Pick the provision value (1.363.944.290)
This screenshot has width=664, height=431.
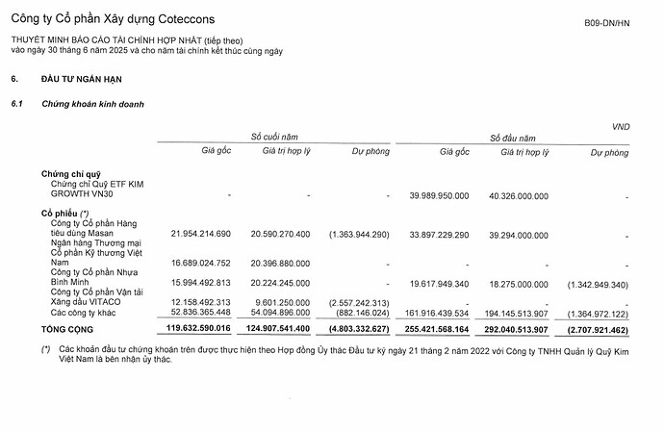pos(358,234)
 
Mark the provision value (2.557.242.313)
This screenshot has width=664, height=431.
pos(358,301)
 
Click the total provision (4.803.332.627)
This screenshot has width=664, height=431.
pos(357,328)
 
